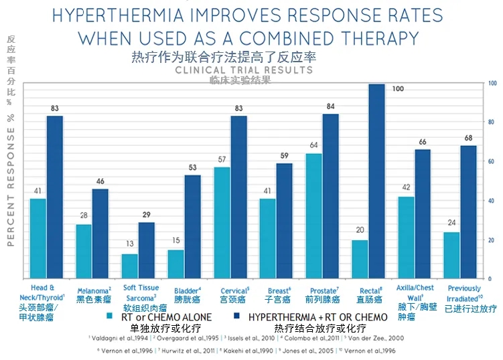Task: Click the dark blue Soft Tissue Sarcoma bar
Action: (x=146, y=250)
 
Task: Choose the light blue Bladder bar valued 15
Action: (x=175, y=264)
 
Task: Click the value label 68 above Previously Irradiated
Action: (x=468, y=139)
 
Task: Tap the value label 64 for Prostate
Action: (x=313, y=145)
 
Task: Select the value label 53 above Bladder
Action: (x=192, y=167)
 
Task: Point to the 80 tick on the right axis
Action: (x=493, y=122)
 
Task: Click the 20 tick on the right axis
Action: (x=493, y=240)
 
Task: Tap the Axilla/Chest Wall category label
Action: (x=415, y=292)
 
